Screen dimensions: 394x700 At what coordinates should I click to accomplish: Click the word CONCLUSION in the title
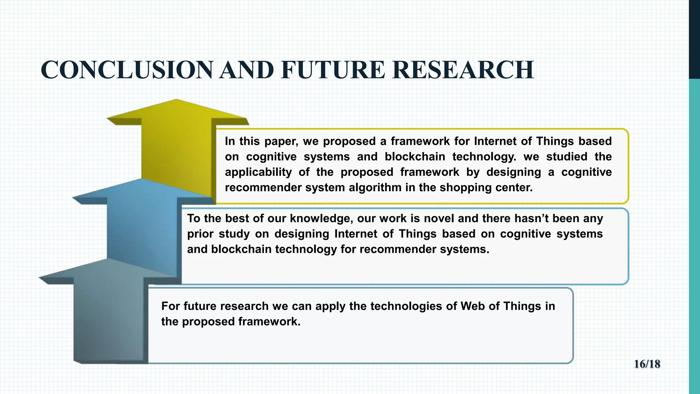point(127,69)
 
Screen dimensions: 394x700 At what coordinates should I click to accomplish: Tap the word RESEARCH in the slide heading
point(463,69)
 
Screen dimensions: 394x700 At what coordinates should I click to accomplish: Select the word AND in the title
point(246,69)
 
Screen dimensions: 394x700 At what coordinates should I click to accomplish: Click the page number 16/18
point(647,364)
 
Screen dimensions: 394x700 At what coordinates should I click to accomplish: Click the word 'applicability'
point(258,172)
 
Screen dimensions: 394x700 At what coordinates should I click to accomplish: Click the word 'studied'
point(566,157)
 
